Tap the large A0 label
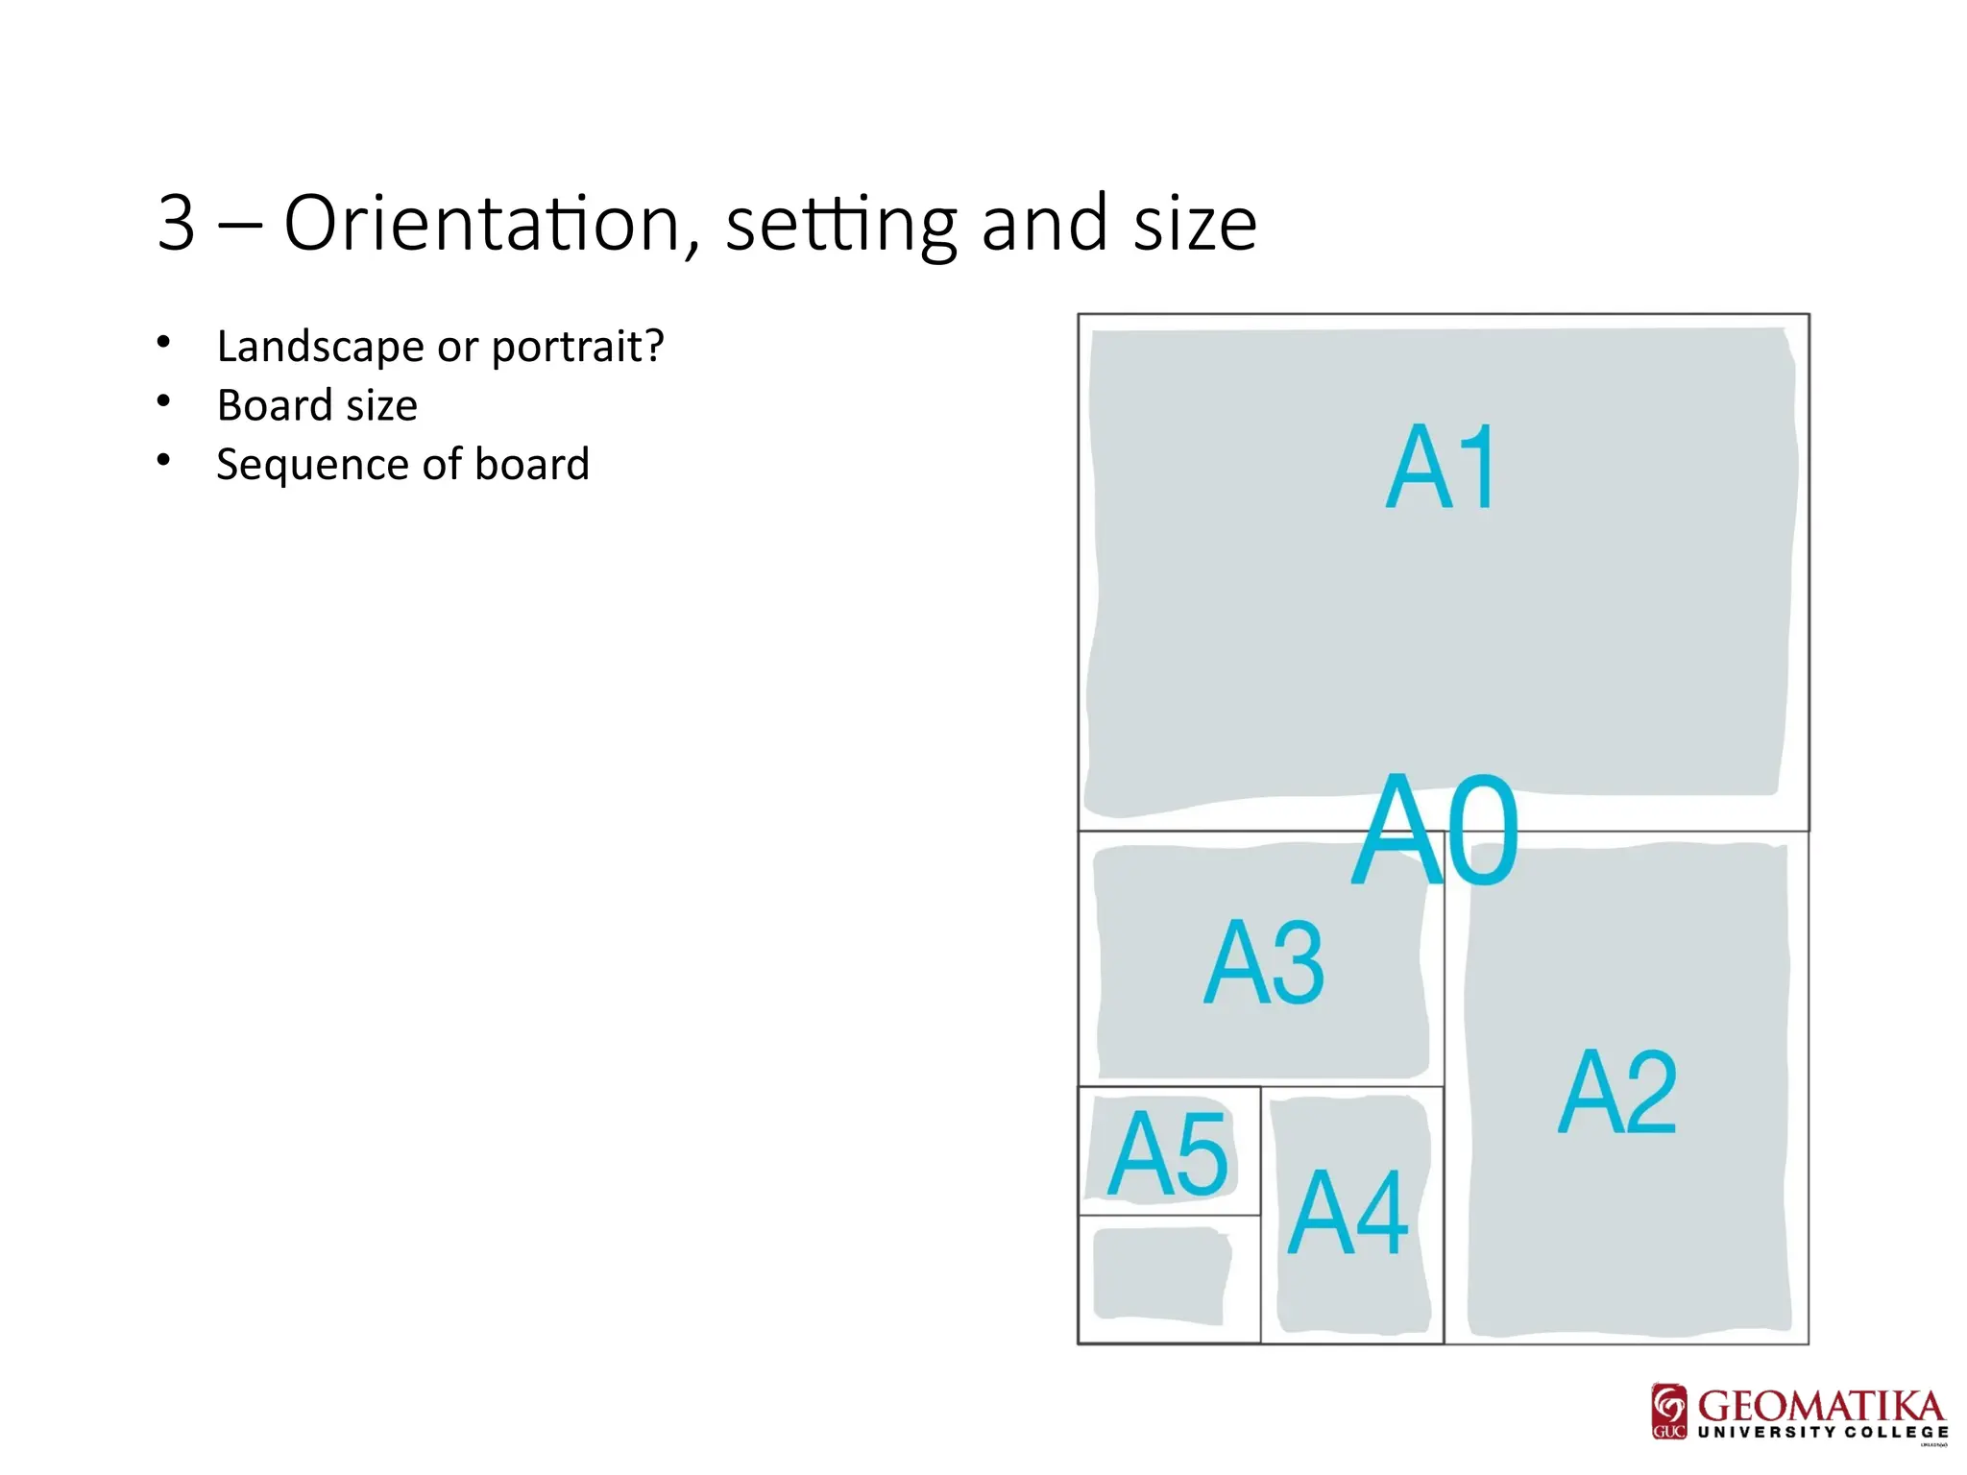pyautogui.click(x=1435, y=830)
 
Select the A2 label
pyautogui.click(x=1617, y=1092)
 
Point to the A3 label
pyautogui.click(x=1264, y=962)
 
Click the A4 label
pyautogui.click(x=1348, y=1213)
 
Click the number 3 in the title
pyautogui.click(x=178, y=224)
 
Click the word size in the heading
pyautogui.click(x=1195, y=224)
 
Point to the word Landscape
pyautogui.click(x=320, y=346)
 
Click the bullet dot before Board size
pyautogui.click(x=164, y=401)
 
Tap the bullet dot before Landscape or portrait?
pyautogui.click(x=164, y=342)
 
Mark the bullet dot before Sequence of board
pyautogui.click(x=164, y=461)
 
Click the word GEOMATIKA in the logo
pyautogui.click(x=1821, y=1407)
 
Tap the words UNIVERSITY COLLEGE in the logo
pyautogui.click(x=1823, y=1432)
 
